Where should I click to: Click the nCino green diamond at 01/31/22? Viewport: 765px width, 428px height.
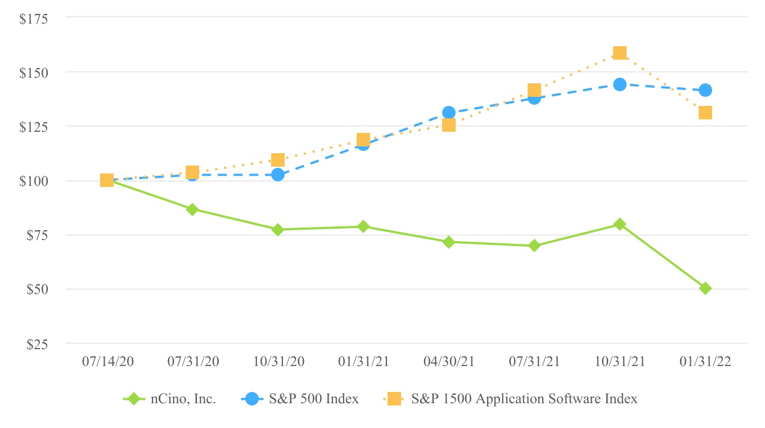[705, 288]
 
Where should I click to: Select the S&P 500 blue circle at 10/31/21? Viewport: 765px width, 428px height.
[620, 84]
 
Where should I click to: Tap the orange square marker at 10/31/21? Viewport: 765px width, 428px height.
[620, 53]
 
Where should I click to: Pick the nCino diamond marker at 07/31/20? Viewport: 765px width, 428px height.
[192, 209]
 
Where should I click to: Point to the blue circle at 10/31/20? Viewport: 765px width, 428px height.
[278, 175]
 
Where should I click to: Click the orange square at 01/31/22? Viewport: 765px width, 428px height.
[705, 113]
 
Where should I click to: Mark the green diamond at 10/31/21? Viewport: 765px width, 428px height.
[620, 224]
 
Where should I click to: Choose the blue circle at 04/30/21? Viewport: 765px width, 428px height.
[449, 113]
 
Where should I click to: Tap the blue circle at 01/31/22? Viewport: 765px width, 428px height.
[705, 90]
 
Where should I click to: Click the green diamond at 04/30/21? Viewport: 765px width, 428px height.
[449, 242]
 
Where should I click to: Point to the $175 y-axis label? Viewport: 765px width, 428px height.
[34, 19]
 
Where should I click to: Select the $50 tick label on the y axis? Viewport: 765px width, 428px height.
[37, 289]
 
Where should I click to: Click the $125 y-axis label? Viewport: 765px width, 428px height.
[34, 127]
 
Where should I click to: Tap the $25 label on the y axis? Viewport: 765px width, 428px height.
[37, 344]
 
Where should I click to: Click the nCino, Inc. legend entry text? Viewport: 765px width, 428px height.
[183, 399]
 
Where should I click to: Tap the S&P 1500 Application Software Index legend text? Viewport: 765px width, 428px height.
[524, 399]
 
